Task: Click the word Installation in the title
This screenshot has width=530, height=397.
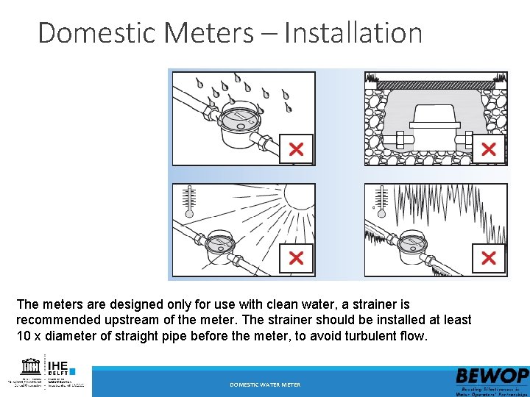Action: (353, 33)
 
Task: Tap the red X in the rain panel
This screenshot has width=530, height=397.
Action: (295, 150)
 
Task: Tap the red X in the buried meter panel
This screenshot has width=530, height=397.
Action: (488, 150)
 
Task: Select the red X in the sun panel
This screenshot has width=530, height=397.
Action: (295, 258)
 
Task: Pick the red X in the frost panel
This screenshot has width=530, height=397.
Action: (488, 258)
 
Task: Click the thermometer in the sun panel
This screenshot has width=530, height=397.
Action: (189, 201)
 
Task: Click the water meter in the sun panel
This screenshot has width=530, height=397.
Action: (219, 246)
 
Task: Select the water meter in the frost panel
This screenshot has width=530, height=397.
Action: (412, 246)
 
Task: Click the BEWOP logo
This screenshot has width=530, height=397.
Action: (492, 376)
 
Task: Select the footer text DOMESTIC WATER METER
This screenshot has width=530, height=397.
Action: (265, 385)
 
